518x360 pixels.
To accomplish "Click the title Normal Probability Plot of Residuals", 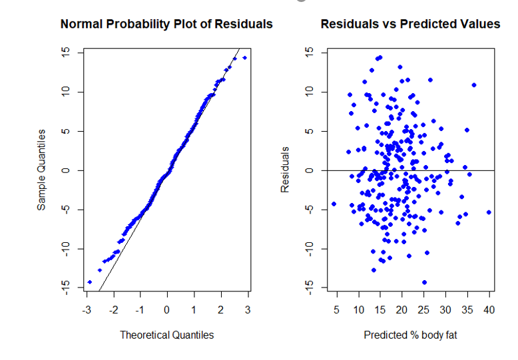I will [x=166, y=24].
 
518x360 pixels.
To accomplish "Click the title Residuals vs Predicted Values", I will [x=410, y=24].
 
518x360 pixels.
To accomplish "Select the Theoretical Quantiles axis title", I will [x=166, y=335].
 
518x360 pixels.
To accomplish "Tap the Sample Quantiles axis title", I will [x=41, y=170].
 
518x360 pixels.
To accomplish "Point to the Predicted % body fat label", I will [x=410, y=335].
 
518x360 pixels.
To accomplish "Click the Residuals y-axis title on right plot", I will [x=285, y=170].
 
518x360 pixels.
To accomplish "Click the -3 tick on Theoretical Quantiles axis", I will [x=86, y=310].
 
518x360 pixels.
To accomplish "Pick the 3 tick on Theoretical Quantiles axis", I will [x=248, y=310].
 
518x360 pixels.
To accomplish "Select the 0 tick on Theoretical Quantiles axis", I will [x=166, y=310].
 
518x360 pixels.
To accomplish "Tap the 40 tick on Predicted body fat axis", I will [x=489, y=310].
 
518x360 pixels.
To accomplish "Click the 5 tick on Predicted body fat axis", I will [x=336, y=310].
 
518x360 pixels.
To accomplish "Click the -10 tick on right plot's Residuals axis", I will [x=307, y=248].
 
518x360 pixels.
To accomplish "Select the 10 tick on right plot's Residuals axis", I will [x=307, y=92].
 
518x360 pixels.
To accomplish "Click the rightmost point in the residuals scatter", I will [x=489, y=212].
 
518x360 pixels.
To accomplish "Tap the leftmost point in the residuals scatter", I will [x=334, y=204].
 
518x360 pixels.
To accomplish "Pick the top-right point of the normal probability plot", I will [x=244, y=58].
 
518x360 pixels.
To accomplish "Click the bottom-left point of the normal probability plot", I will [x=89, y=282].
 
